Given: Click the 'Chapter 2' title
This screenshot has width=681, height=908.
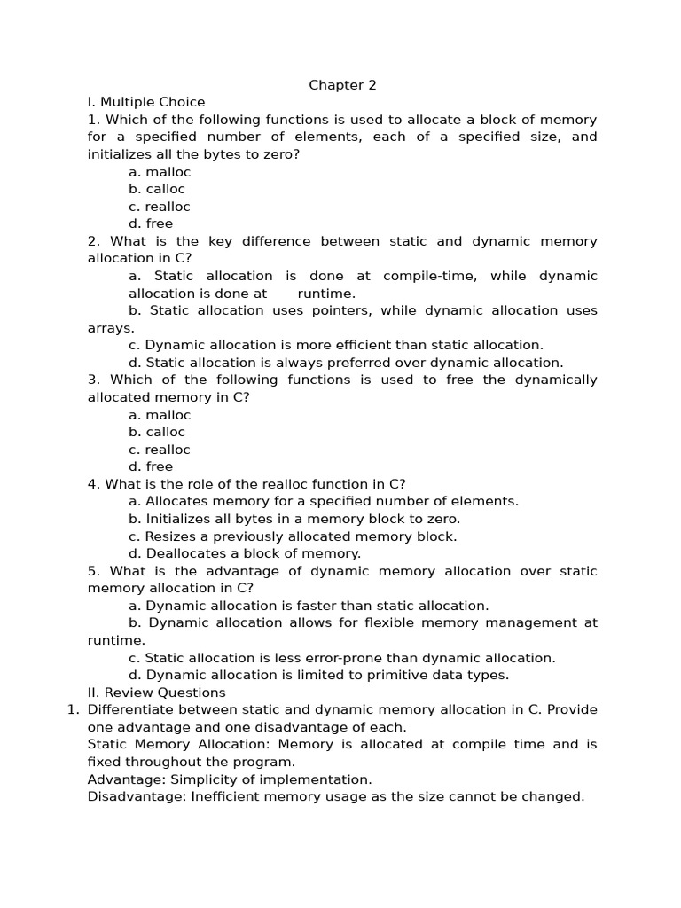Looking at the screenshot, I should coord(342,85).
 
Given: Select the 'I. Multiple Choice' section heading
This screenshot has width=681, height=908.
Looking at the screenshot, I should coord(146,102).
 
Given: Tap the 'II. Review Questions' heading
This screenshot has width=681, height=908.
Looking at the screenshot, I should coord(156,693).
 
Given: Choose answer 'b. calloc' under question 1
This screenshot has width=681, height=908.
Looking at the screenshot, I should coord(157,189).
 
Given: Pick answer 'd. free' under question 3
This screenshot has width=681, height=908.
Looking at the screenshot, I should coord(151,466).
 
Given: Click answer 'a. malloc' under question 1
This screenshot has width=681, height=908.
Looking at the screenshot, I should coord(160,172).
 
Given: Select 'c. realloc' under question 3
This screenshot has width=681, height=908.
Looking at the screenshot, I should coord(160,450).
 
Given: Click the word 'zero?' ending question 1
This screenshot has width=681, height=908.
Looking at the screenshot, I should coord(281,154).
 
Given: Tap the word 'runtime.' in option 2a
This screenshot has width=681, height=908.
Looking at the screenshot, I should coord(326,294).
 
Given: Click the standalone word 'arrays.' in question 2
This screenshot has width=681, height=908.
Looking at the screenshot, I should coord(111,328).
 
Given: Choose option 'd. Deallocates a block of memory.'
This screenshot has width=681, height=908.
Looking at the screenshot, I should coord(245,553).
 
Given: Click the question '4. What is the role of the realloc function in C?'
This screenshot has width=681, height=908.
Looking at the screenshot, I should coord(247,484).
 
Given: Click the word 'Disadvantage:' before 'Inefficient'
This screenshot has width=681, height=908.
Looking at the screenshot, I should coord(137,796).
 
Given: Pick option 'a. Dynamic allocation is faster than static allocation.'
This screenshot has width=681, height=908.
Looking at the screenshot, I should coord(309,606).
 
